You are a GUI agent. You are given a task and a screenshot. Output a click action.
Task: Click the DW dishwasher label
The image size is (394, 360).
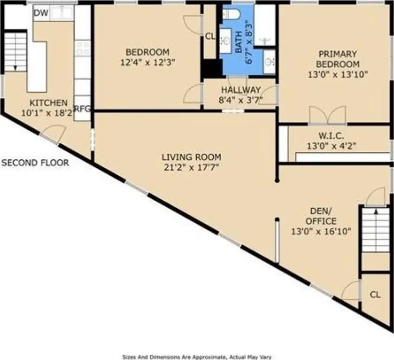coord(41,13)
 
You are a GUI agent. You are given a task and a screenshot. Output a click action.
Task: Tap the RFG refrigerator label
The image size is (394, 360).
coord(82,109)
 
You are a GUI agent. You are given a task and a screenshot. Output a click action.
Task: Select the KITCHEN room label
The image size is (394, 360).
coord(49,103)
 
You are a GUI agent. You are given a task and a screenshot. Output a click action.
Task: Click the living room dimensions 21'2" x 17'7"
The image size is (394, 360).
coord(191,167)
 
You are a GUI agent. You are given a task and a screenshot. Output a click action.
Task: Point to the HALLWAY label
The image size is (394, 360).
coord(241,90)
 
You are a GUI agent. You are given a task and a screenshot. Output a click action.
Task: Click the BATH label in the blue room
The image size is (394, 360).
coord(239,42)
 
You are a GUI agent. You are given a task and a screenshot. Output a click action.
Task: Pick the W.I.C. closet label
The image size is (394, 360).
coord(331,136)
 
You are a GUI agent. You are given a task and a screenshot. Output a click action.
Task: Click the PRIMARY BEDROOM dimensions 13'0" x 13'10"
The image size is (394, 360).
coord(338,75)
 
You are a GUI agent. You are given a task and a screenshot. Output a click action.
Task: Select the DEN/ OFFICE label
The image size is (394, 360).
coord(321,216)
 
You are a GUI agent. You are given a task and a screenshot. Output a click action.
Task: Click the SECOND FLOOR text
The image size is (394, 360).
coord(35,163)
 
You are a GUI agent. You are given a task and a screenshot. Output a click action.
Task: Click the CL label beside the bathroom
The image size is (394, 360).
coord(210,37)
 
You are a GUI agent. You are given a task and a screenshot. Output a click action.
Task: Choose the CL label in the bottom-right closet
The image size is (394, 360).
coord(375,294)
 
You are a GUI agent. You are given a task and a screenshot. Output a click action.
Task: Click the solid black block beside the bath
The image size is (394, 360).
coord(212,68)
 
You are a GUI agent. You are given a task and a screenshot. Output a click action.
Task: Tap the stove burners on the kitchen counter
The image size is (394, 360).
coord(82,48)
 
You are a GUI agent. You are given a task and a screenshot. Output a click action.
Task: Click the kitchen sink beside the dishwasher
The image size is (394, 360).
coord(62,13)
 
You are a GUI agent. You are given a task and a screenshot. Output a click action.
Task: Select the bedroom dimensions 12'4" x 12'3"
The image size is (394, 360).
coord(148,62)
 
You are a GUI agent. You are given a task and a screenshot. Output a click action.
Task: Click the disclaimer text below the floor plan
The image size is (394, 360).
coord(197,357)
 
